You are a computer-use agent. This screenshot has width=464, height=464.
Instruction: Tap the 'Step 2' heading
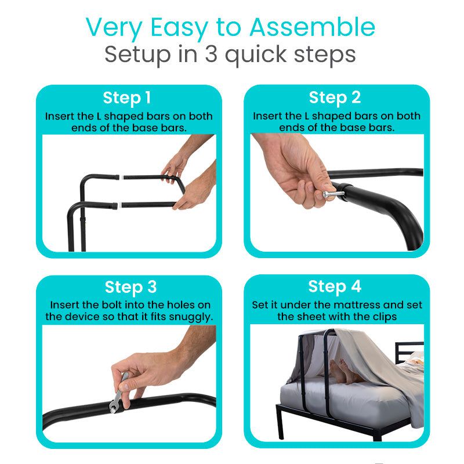tap(335, 97)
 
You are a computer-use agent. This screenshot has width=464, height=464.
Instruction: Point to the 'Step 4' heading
tap(335, 287)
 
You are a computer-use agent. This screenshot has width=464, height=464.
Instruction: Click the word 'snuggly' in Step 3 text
tap(189, 317)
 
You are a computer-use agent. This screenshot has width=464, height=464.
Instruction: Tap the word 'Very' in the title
tap(111, 27)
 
